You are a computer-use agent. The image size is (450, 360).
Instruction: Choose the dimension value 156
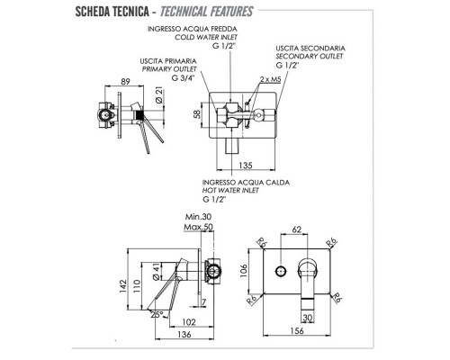pos(297,331)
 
